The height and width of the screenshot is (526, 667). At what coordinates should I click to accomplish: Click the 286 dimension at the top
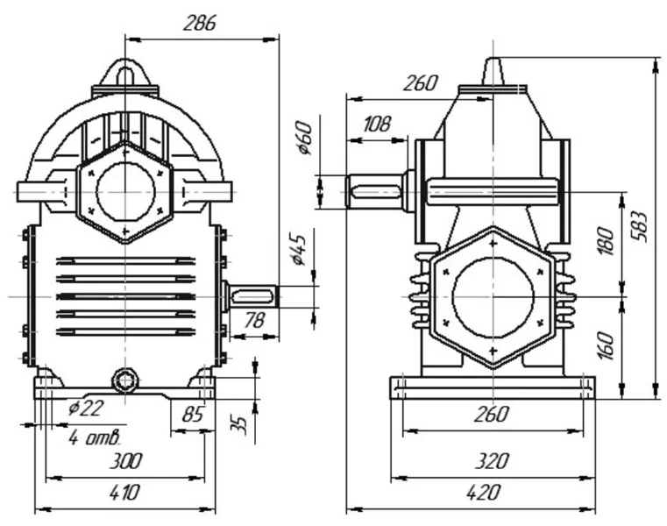[x=200, y=23]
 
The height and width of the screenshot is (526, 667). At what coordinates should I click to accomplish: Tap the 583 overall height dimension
[x=645, y=226]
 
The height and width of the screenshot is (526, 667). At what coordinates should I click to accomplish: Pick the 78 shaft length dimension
[x=253, y=323]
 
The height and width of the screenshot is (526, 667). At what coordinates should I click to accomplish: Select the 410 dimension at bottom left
[x=124, y=493]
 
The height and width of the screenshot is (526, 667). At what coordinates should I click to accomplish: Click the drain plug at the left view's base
[x=125, y=380]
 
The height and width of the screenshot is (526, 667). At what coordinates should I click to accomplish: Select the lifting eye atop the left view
[x=125, y=74]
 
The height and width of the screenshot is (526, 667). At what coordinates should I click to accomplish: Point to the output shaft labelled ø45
[x=253, y=296]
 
